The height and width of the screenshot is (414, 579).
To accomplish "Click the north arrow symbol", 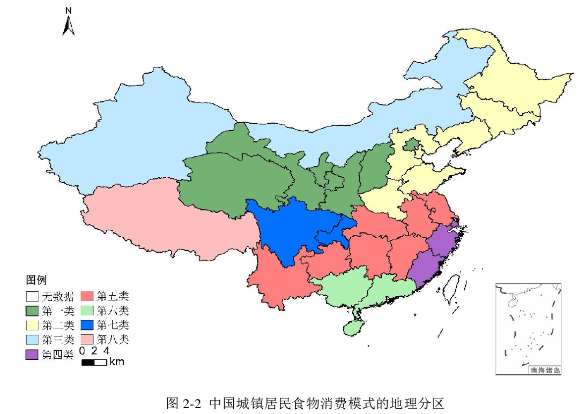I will coord(68,26).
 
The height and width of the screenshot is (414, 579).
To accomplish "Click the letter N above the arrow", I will coord(69,11).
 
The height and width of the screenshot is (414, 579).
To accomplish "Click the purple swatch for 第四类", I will coord(32,354).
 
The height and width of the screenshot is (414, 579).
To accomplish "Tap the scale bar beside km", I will coord(94,363).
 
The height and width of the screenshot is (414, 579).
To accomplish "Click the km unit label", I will coord(116,362).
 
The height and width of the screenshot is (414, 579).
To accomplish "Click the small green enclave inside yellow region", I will coord(411,144).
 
